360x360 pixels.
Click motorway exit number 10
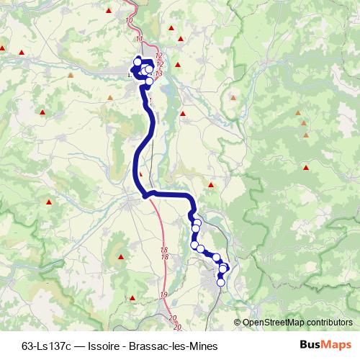click(130, 19)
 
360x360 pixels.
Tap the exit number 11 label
click(139, 38)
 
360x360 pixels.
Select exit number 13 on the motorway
click(158, 73)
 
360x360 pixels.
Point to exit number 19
click(164, 295)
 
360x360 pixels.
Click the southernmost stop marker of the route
click(220, 282)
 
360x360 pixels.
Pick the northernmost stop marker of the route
click(138, 62)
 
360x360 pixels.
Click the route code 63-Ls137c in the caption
click(47, 345)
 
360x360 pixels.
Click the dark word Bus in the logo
click(310, 344)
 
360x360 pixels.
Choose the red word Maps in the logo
click(336, 344)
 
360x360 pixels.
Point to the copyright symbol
click(238, 323)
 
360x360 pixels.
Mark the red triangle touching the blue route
click(141, 173)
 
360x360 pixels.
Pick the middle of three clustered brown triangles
click(305, 123)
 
